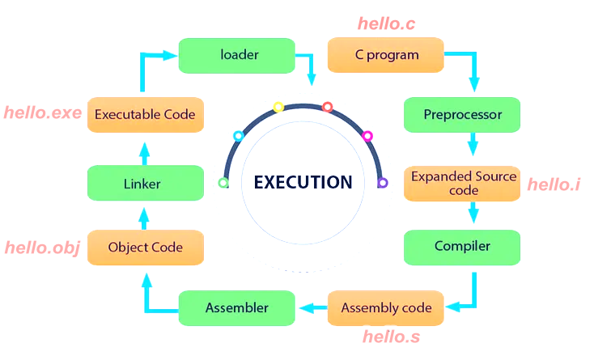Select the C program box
pyautogui.click(x=386, y=55)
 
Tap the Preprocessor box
pyautogui.click(x=462, y=115)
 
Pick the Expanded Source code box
pyautogui.click(x=462, y=184)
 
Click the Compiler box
pyautogui.click(x=462, y=246)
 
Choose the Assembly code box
pyautogui.click(x=386, y=307)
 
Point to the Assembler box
pyautogui.click(x=236, y=307)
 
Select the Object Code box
pyautogui.click(x=145, y=247)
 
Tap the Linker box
pyautogui.click(x=145, y=184)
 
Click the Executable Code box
pyautogui.click(x=145, y=115)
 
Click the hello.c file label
pyautogui.click(x=386, y=24)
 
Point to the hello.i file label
pyautogui.click(x=554, y=184)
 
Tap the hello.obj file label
pyautogui.click(x=42, y=248)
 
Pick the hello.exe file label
pyautogui.click(x=42, y=112)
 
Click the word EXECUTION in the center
pyautogui.click(x=303, y=182)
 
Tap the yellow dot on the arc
pyautogui.click(x=278, y=107)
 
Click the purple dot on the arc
pyautogui.click(x=382, y=183)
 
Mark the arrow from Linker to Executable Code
pyautogui.click(x=145, y=150)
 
